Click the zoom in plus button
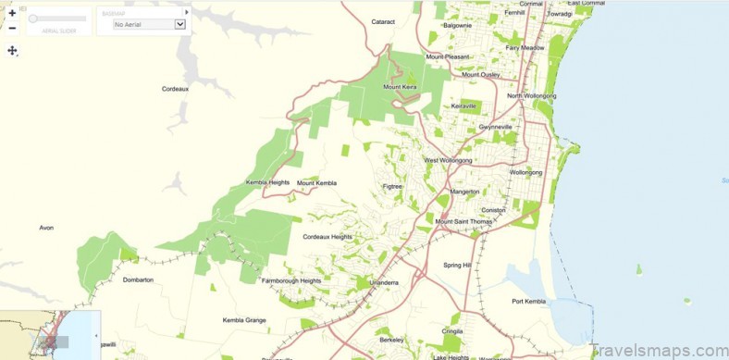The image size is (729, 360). click(12, 13)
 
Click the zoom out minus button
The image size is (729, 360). click(12, 28)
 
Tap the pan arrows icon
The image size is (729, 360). click(13, 50)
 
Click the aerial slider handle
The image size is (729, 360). click(33, 19)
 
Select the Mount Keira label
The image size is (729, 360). click(401, 87)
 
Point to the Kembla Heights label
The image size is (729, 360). click(267, 182)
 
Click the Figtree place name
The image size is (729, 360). click(393, 187)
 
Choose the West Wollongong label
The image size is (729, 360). click(448, 160)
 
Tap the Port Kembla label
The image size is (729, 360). click(531, 301)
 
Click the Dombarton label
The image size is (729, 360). click(138, 279)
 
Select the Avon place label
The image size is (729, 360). click(46, 227)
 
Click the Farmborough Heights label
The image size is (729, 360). click(291, 280)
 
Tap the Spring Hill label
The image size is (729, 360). click(457, 265)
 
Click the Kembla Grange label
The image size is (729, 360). click(244, 320)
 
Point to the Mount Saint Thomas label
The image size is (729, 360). click(464, 222)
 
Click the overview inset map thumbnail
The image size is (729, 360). click(50, 335)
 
